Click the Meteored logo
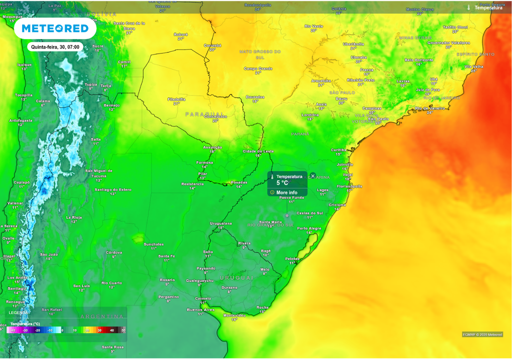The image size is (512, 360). pos(55,29)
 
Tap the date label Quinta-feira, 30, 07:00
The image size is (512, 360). pos(55,47)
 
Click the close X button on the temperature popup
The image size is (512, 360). pos(313,176)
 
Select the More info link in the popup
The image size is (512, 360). pos(286,192)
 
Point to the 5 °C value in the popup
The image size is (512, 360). pos(282,183)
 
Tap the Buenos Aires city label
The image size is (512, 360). pos(200,310)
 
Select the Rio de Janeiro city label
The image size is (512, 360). pos(429,108)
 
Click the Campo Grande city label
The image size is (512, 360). pos(258,68)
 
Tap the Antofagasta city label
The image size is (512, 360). pos(20,120)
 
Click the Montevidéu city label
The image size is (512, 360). pos(234,315)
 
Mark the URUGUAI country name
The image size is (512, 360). pos(237,277)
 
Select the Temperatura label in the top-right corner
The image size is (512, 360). pos(488,8)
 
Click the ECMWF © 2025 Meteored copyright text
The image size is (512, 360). pos(482,334)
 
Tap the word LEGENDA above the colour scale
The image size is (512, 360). pos(15,312)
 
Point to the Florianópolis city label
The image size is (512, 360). pos(349,186)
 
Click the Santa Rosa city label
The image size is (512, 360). pos(112,347)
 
